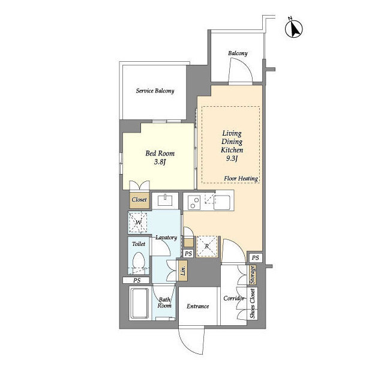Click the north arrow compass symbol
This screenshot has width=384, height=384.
[x=293, y=28]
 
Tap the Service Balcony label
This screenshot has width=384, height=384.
[x=155, y=91]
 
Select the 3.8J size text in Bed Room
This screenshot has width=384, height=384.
[x=160, y=162]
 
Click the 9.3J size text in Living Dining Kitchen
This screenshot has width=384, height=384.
[x=232, y=158]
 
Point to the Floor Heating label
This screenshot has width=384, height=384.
[x=241, y=179]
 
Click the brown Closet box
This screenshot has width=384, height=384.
[x=139, y=200]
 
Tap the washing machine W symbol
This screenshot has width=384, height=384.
[x=138, y=223]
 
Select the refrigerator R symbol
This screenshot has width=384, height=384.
[x=207, y=246]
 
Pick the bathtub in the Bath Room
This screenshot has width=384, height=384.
[x=139, y=303]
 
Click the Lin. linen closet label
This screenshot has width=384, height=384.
[x=183, y=270]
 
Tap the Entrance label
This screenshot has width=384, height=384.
[x=197, y=307]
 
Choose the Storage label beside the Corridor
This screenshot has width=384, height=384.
[x=253, y=275]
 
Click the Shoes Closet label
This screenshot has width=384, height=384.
[x=252, y=304]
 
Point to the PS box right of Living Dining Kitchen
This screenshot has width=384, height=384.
[x=255, y=258]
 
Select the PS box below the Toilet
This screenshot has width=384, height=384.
[x=137, y=280]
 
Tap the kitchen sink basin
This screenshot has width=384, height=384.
[x=221, y=203]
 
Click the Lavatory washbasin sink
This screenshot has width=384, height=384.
[x=166, y=200]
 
